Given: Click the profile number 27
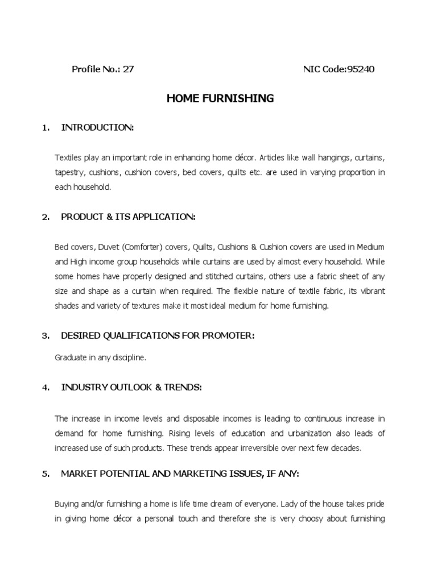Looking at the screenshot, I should click(x=128, y=70).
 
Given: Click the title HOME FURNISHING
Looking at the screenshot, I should click(x=220, y=99).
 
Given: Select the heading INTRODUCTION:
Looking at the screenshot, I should click(x=97, y=128).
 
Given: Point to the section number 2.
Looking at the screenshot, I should click(x=46, y=217).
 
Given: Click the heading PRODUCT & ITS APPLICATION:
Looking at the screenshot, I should click(x=128, y=217).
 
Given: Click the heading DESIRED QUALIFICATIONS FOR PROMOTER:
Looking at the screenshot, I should click(x=158, y=336).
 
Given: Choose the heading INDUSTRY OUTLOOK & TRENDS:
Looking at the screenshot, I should click(x=131, y=388).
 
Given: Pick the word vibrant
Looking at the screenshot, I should click(x=370, y=291).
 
